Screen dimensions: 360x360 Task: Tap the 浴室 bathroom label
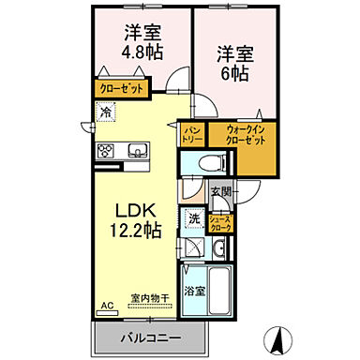click(194, 292)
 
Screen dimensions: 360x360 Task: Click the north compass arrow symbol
click(278, 335)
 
